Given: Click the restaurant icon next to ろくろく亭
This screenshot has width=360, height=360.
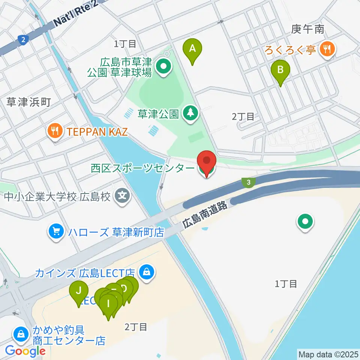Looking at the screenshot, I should click(327, 49).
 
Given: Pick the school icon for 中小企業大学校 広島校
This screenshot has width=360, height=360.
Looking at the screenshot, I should click(122, 195).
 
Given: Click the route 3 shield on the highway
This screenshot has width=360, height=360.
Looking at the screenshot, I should click(248, 183).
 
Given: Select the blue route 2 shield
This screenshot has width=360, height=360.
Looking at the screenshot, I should click(23, 39).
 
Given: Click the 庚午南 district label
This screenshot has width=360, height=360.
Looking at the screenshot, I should click(307, 29).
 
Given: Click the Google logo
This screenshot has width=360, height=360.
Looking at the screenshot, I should click(25, 351).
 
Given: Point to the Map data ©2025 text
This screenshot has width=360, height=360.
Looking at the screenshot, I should click(328, 354).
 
